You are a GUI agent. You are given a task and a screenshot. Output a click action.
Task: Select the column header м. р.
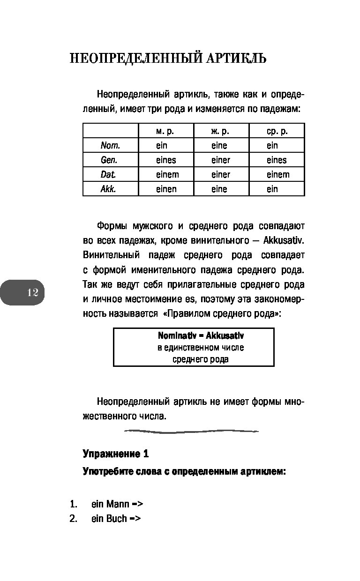point(165,131)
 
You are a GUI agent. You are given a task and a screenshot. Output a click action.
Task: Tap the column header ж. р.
point(220,131)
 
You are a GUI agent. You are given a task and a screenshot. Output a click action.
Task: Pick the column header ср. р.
point(277,131)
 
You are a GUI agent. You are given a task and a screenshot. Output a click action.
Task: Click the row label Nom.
point(110,146)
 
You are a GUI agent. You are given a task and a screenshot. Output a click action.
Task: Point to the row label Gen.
point(109,160)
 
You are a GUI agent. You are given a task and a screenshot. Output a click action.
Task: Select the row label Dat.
point(108,175)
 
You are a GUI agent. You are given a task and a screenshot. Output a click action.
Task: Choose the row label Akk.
point(108,189)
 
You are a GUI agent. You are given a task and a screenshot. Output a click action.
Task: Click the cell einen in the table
point(166,189)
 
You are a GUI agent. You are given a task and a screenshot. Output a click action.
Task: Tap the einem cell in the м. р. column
point(167,175)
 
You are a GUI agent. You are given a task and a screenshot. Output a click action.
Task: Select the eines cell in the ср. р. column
point(277,160)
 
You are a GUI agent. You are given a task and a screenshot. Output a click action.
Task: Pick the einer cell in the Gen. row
point(221,160)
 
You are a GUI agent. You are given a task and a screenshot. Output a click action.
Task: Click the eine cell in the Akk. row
point(219,189)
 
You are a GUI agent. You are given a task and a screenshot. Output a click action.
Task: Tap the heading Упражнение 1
point(116,454)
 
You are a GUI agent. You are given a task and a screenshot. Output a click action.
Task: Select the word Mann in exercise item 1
point(118,504)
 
